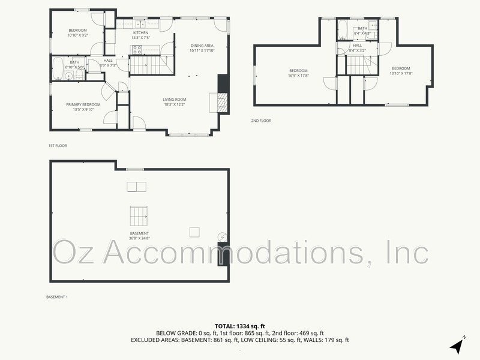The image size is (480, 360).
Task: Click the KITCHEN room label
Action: point(140,33)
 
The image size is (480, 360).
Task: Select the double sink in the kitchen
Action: point(140,25)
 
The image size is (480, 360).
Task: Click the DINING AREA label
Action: point(202,46)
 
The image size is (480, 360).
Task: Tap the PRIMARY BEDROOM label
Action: point(83,104)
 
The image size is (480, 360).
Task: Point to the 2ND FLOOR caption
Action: point(261,121)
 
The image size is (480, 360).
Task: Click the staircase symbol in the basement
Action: point(139,214)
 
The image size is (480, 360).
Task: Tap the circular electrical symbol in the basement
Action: point(222,238)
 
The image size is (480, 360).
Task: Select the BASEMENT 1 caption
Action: point(58,297)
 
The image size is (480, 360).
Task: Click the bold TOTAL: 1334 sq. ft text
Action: point(239,326)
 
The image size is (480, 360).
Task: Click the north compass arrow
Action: point(457,346)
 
